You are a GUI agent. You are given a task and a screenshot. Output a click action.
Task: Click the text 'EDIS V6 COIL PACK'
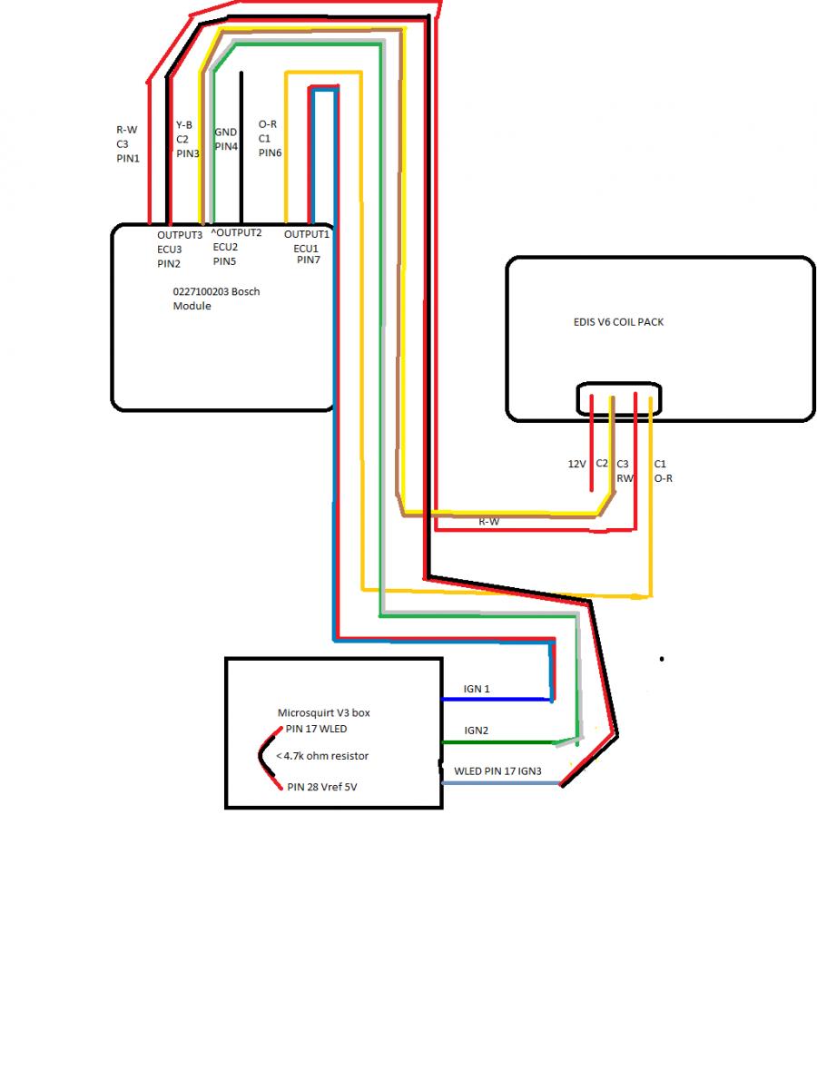tap(612, 322)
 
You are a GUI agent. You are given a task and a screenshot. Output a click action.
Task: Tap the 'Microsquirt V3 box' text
tap(323, 713)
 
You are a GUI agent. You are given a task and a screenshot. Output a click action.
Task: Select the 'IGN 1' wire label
tap(477, 689)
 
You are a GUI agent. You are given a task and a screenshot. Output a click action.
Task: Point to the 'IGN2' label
tap(477, 731)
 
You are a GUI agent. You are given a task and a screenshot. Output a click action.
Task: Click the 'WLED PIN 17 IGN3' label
tap(497, 772)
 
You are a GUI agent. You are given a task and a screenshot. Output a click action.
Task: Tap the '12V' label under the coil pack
tap(576, 464)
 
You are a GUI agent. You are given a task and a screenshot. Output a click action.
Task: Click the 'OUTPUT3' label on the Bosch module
tap(180, 234)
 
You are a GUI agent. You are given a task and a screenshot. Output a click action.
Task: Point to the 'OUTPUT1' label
tap(307, 234)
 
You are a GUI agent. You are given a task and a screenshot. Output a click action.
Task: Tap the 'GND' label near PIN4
tap(225, 132)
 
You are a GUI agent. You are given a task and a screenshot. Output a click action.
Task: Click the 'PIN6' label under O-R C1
tap(270, 153)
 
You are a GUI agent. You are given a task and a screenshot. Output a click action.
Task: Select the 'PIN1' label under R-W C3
tap(128, 158)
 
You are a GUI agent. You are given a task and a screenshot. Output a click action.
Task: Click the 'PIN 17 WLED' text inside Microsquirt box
tap(316, 728)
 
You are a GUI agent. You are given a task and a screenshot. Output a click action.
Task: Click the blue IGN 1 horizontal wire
tap(495, 700)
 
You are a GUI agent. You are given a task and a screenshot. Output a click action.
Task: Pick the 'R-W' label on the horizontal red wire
tap(488, 522)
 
